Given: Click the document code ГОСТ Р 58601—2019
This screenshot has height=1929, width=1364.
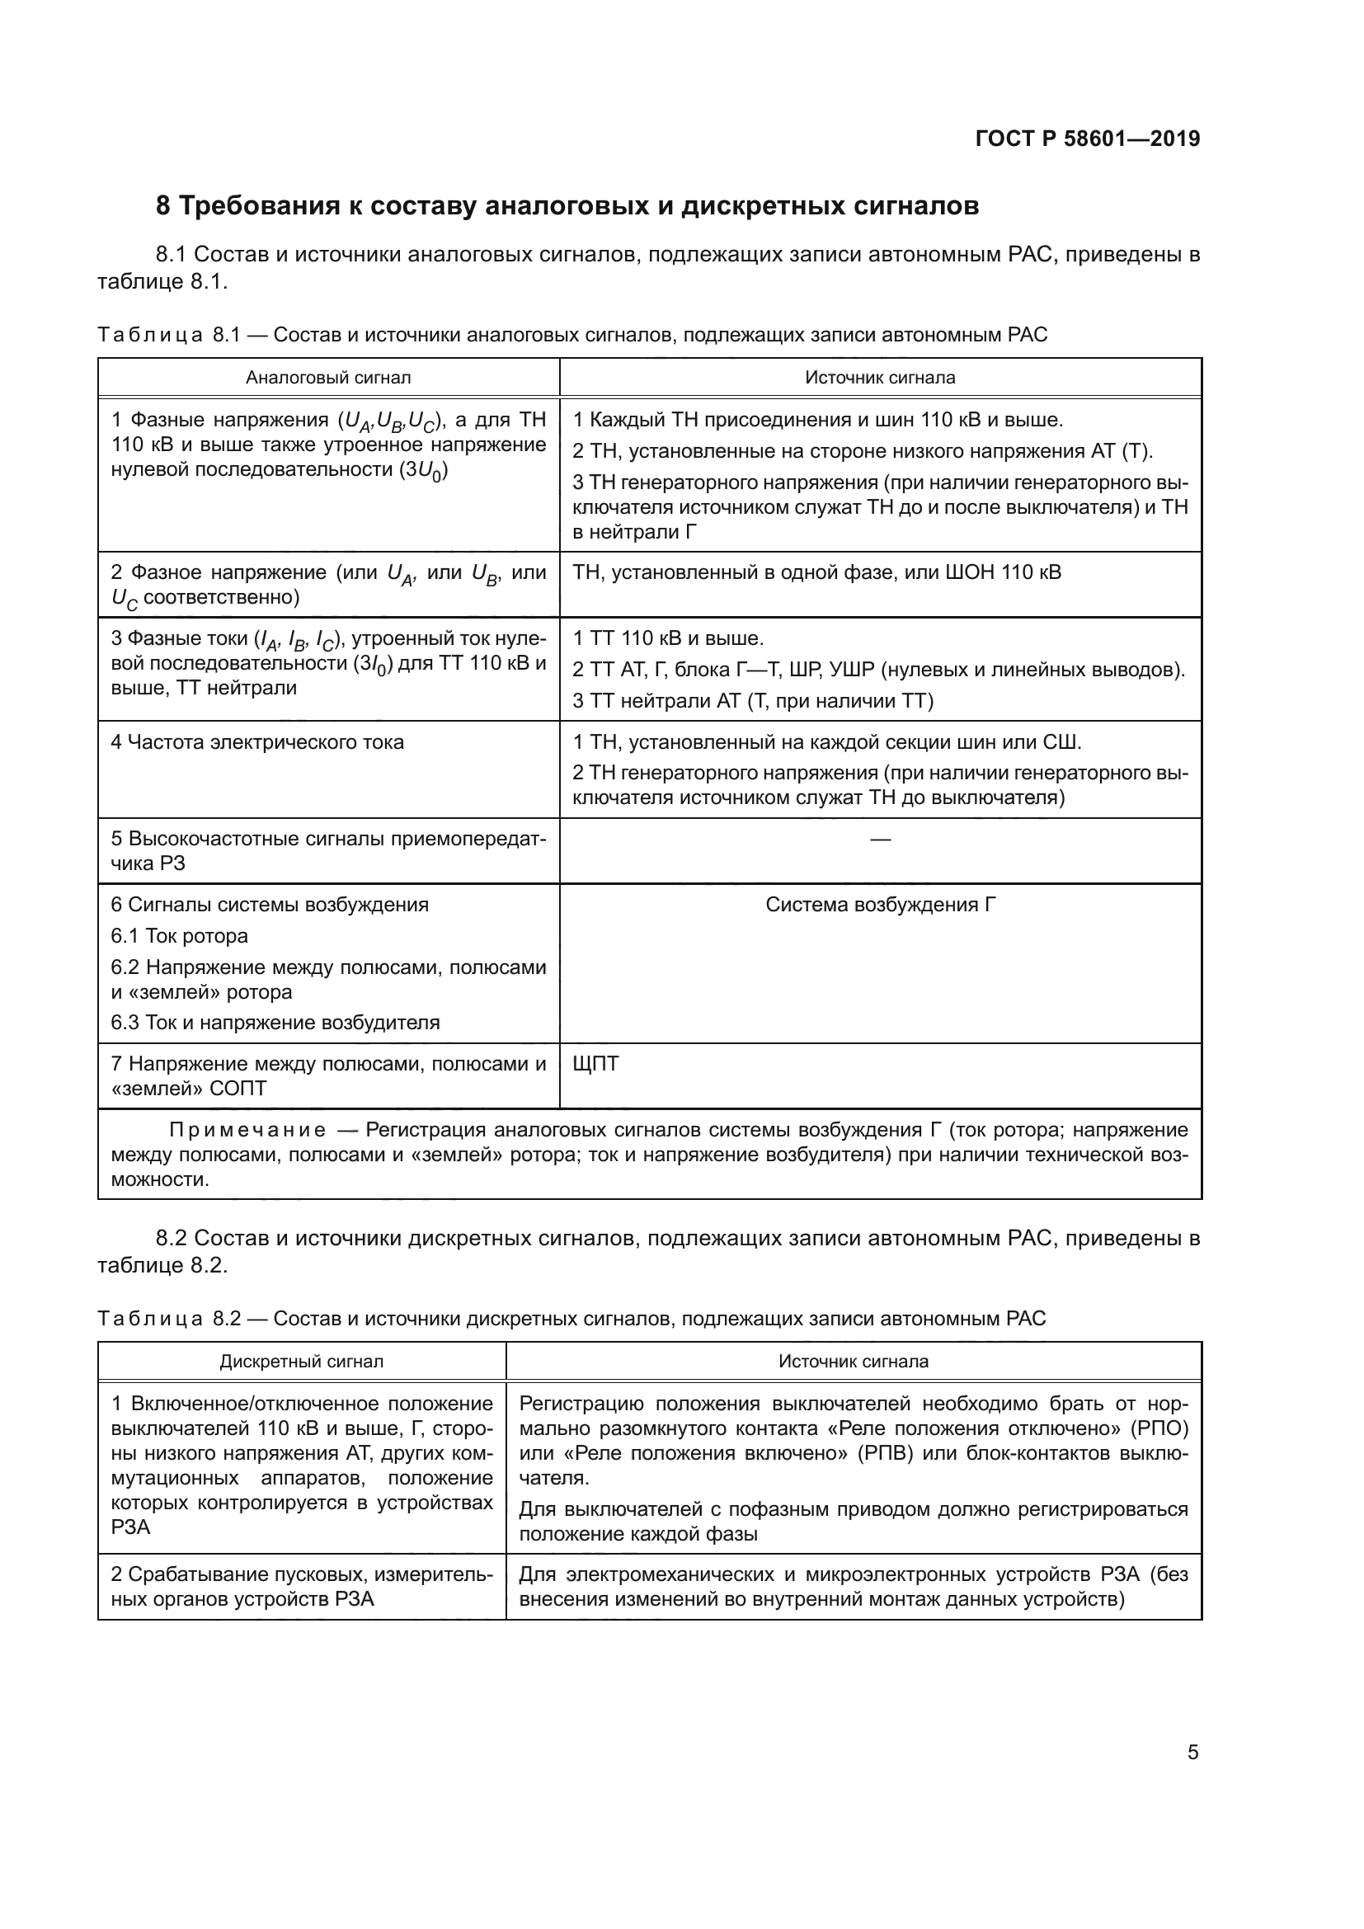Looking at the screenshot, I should point(1088,139).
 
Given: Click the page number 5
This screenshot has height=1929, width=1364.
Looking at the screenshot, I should point(1192,1753).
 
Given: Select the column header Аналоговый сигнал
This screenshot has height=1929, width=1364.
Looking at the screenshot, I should point(328,378).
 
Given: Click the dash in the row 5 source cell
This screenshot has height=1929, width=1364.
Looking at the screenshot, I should point(880,840).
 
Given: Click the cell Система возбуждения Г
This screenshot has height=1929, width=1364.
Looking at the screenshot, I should point(880,905).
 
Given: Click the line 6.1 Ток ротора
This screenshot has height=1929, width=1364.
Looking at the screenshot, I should point(180,936).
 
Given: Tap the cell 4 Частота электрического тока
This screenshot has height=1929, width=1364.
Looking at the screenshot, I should point(258,743).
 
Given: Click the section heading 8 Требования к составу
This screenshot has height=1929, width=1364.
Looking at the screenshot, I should point(567,206).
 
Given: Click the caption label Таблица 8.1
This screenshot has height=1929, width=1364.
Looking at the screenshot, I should point(169,335).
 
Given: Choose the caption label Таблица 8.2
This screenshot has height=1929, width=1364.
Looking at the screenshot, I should point(169,1319).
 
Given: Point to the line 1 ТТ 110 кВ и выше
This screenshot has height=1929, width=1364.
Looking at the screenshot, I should point(669,638).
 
